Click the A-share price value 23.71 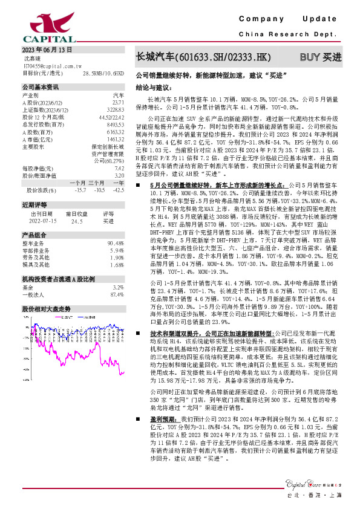point(118,103)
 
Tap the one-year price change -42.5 point(118,190)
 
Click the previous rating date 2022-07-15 point(42,222)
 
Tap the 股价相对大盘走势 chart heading point(47,308)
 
